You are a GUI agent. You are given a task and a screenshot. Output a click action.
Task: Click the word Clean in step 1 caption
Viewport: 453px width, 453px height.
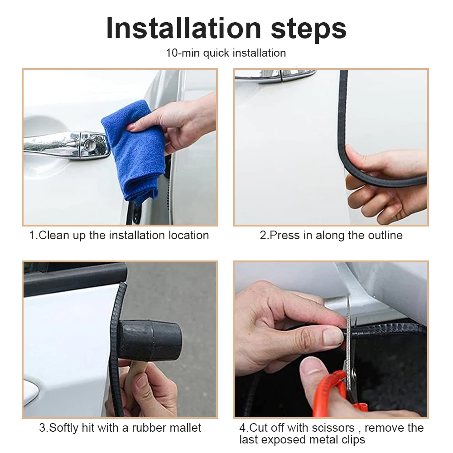click(54, 235)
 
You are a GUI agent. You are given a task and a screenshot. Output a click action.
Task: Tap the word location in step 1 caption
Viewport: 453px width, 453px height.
click(188, 235)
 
